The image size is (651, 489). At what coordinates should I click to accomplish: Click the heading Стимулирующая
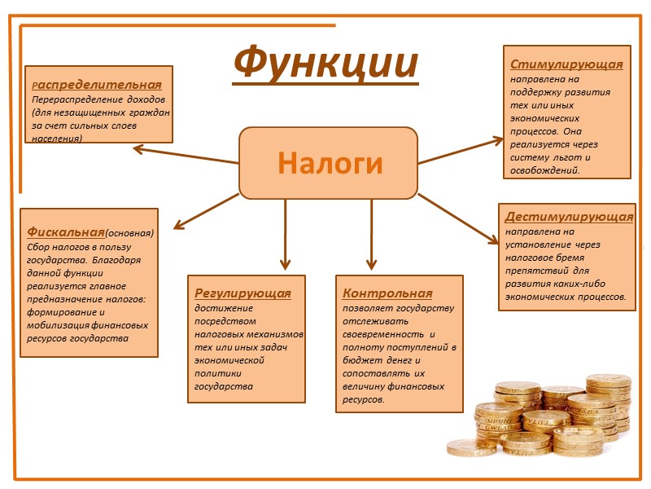point(566,64)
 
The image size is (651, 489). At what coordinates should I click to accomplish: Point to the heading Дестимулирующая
point(569,217)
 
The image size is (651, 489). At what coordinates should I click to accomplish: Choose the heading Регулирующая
point(242,292)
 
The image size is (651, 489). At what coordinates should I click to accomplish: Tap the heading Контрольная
point(387,293)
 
